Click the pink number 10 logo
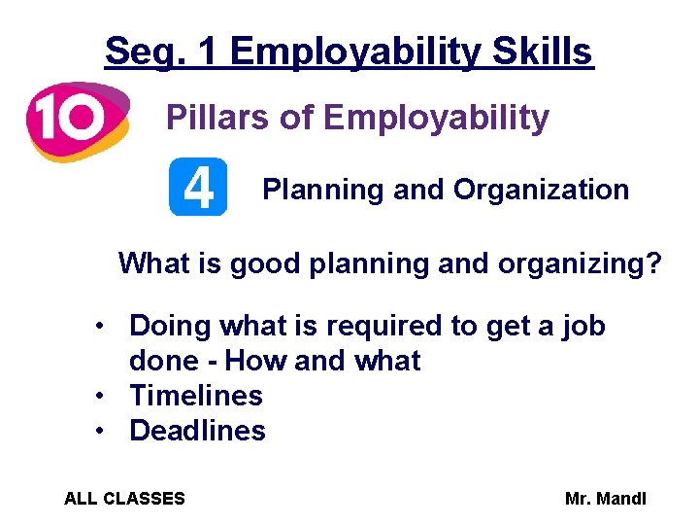76,120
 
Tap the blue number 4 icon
198,187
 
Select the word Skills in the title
543,51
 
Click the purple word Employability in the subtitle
436,119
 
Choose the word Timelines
196,396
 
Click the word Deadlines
197,431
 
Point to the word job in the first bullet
582,326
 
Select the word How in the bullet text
255,361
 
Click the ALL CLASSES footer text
124,499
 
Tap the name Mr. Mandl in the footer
606,499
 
